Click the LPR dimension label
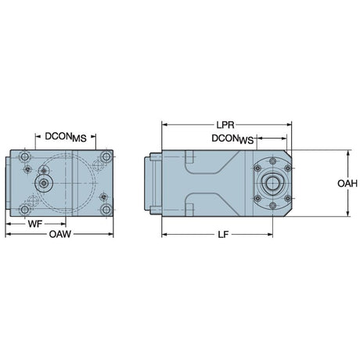click(x=225, y=125)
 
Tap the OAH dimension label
click(x=347, y=184)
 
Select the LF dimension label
click(x=223, y=235)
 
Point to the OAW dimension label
click(x=60, y=234)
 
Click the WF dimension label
click(x=35, y=224)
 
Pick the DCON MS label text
click(x=66, y=137)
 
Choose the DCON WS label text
click(x=232, y=139)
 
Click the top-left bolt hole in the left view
click(x=25, y=157)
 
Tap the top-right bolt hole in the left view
click(x=106, y=157)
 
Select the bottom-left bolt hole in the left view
click(x=25, y=210)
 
